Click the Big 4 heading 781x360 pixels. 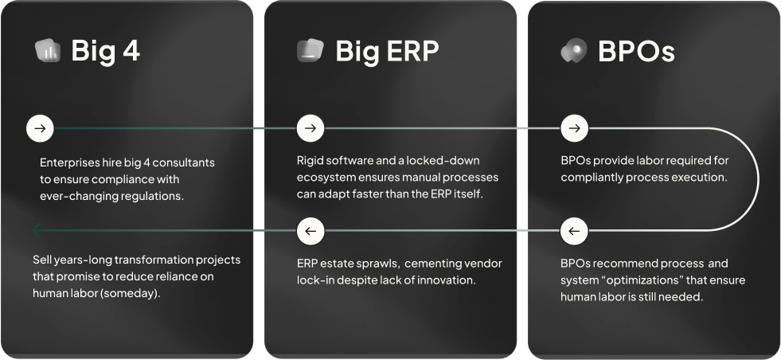(106, 50)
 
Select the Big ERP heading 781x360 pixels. (388, 50)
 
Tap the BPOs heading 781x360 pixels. (637, 51)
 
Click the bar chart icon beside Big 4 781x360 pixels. (48, 50)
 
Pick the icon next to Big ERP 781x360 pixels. (310, 50)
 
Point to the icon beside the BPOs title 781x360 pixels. (574, 50)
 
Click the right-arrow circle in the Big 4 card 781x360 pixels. (40, 128)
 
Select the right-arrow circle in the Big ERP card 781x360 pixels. (310, 128)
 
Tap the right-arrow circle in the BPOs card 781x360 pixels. (574, 128)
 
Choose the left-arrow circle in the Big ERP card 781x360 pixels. (310, 231)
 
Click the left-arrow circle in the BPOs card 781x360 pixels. (574, 231)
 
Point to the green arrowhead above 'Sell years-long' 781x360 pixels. (35, 230)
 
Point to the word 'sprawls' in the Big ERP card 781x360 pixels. (381, 264)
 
